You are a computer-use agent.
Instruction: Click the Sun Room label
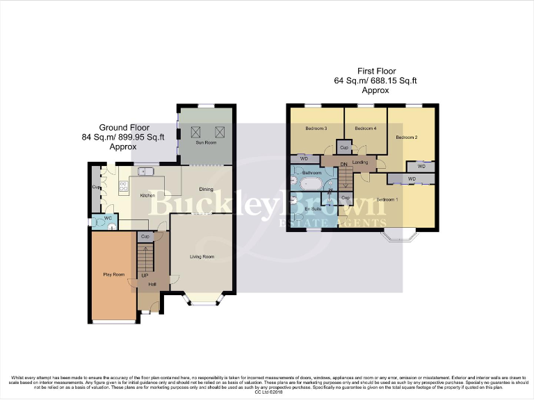point(206,142)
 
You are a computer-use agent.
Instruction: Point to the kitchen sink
point(146,171)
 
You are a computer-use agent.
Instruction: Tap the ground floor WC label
point(108,219)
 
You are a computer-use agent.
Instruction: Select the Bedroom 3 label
point(316,128)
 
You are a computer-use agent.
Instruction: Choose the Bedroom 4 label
point(365,128)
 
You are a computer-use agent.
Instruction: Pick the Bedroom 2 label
point(407,137)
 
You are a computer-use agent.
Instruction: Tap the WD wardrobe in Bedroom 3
point(303,158)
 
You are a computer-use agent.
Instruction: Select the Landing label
point(360,162)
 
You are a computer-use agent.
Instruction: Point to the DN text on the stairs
point(343,164)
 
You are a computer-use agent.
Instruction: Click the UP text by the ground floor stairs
point(145,276)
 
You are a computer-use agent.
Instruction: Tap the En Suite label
point(311,208)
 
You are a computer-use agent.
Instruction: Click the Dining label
point(207,190)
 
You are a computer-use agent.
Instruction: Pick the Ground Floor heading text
point(123,127)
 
